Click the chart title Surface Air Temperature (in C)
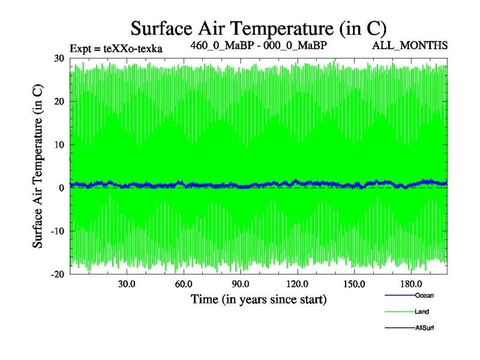(x=258, y=28)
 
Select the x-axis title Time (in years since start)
(x=259, y=299)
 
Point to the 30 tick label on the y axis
(x=58, y=58)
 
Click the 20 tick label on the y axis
(x=58, y=101)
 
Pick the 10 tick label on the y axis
(x=58, y=145)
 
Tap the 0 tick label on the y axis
(x=61, y=188)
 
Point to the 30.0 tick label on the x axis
(x=127, y=284)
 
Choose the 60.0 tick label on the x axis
(x=184, y=284)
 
